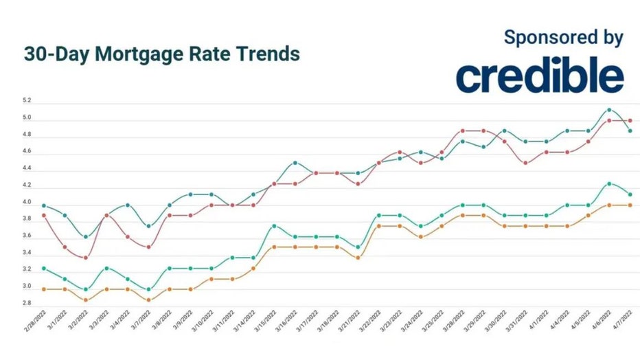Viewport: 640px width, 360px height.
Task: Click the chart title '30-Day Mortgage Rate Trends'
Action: pos(162,54)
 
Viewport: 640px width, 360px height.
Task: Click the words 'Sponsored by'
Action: pos(563,37)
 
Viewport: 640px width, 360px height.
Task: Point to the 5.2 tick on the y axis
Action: pos(27,101)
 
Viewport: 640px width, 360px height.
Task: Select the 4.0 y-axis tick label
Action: pos(27,202)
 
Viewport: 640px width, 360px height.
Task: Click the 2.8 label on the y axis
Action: pos(27,303)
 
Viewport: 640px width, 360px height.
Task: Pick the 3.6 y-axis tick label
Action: pos(27,236)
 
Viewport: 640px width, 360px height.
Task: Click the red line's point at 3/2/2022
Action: pos(85,258)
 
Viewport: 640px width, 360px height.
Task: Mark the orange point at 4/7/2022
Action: pos(630,205)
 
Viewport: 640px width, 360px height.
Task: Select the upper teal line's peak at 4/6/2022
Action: pos(608,109)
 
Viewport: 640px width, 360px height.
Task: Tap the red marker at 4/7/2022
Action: pos(630,120)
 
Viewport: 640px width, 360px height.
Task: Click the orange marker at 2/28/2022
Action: pos(43,289)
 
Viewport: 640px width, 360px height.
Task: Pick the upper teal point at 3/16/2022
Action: pos(295,163)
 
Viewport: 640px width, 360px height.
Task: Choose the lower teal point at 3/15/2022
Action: pos(274,226)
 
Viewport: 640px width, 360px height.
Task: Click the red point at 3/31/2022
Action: pos(525,163)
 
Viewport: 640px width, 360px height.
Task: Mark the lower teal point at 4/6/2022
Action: pos(608,183)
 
